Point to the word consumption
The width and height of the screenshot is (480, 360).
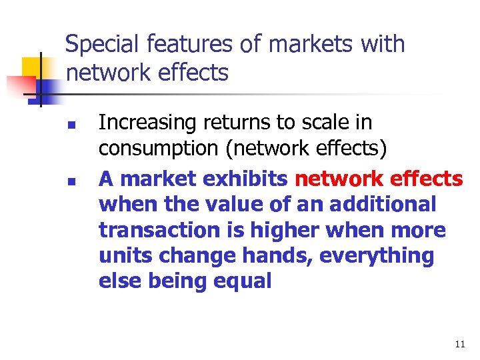pos(159,148)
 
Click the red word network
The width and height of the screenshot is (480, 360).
pos(337,179)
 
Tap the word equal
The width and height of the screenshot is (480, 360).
pos(242,281)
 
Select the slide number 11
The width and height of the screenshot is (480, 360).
pos(459,345)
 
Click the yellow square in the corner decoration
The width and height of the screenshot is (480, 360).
pos(32,67)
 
